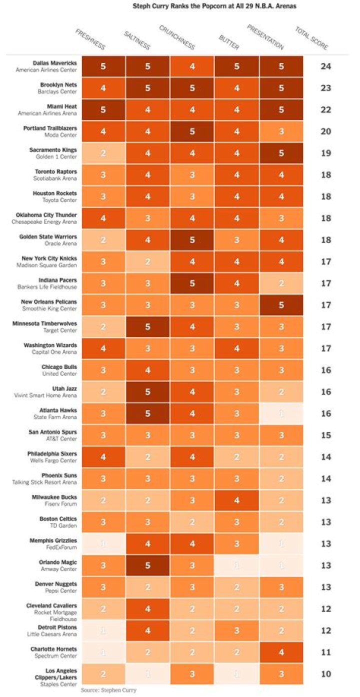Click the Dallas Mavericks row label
(55, 63)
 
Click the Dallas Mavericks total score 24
(325, 66)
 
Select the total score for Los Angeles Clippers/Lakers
(325, 674)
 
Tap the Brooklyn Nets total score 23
(325, 88)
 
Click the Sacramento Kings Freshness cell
(103, 153)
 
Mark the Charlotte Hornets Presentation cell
(281, 652)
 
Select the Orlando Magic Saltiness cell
(147, 565)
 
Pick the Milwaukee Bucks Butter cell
(237, 500)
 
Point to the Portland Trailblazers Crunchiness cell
(192, 131)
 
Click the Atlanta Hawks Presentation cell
(281, 414)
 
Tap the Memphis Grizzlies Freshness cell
(103, 544)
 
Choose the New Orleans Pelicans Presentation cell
(281, 305)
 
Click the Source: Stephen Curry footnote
(108, 690)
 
